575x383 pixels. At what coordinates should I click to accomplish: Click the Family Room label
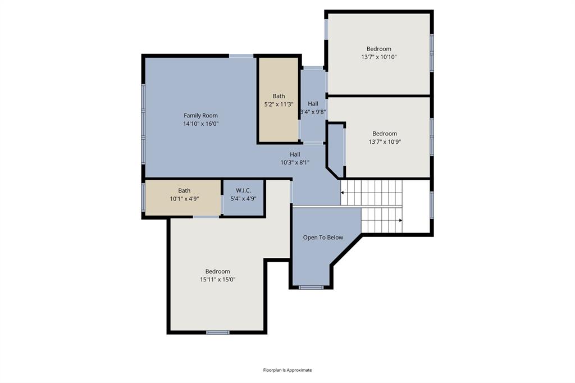point(200,116)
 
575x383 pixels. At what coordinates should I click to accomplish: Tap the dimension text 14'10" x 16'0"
point(200,124)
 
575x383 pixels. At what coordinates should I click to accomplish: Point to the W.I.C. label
point(243,191)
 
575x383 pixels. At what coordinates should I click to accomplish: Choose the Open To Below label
point(323,238)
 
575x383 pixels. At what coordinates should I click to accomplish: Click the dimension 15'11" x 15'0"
point(217,279)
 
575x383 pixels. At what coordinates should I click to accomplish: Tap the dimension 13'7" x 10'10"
point(379,57)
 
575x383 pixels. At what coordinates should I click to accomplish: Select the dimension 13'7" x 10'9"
point(385,142)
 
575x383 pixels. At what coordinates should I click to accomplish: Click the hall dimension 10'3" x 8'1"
point(295,162)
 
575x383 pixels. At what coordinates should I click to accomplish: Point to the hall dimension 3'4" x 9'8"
point(313,112)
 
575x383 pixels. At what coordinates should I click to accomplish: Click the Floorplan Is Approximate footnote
point(287,370)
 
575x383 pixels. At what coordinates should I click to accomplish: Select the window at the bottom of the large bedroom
point(217,332)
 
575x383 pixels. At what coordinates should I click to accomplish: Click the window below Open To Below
point(311,288)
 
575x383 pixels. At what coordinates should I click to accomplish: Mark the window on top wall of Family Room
point(241,56)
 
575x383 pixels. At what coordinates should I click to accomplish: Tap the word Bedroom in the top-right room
point(379,49)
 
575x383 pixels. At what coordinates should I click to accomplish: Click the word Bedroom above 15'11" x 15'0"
point(217,271)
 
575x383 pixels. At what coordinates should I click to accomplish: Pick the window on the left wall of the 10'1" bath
point(143,198)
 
